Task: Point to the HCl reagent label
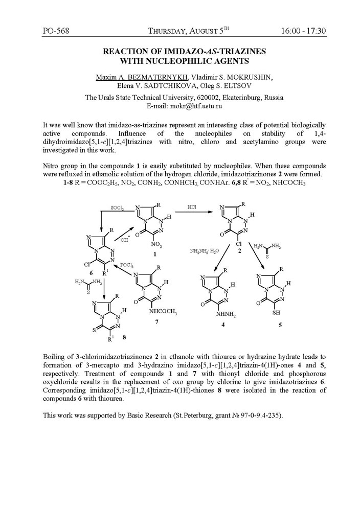pos(192,207)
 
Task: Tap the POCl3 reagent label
pos(127,265)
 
